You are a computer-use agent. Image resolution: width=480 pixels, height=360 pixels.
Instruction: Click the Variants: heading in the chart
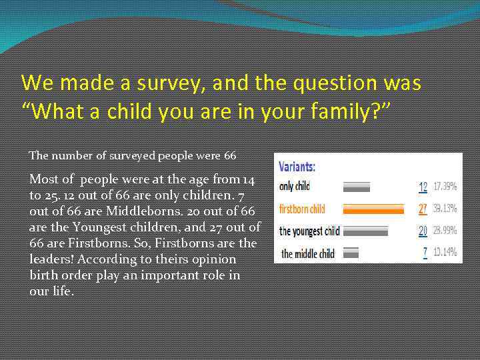pyautogui.click(x=297, y=167)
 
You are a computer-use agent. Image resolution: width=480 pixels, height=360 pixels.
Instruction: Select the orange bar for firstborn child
pyautogui.click(x=373, y=209)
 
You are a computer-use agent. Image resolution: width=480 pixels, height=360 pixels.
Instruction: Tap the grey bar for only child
pyautogui.click(x=356, y=186)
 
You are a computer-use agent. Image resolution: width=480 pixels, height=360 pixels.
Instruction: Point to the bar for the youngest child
pyautogui.click(x=365, y=231)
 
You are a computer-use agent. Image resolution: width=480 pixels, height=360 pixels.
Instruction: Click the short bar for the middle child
pyautogui.click(x=351, y=253)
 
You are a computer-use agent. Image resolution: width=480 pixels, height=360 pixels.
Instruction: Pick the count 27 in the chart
pyautogui.click(x=423, y=209)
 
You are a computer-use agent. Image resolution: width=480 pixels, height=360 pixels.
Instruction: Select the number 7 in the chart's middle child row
pyautogui.click(x=425, y=253)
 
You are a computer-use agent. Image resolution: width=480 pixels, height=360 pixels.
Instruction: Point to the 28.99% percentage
pyautogui.click(x=445, y=231)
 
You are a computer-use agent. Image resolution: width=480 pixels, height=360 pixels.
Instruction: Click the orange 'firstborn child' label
pyautogui.click(x=302, y=209)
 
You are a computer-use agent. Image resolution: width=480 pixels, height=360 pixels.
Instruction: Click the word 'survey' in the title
pyautogui.click(x=171, y=83)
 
